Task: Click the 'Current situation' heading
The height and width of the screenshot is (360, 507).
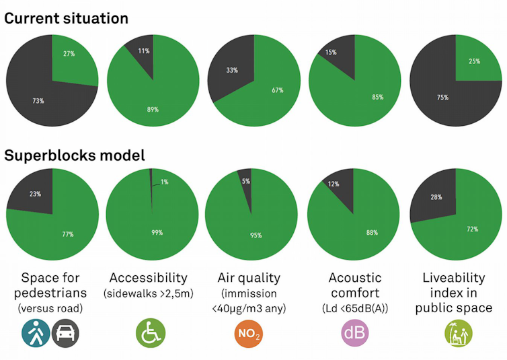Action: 66,18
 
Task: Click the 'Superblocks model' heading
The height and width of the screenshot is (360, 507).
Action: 74,155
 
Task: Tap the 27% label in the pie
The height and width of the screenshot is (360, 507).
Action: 69,54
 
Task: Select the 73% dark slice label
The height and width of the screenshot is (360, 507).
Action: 38,101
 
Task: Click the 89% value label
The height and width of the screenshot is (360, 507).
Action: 153,109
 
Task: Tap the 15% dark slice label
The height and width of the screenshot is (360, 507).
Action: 330,52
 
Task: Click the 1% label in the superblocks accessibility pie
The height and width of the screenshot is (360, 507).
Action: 163,182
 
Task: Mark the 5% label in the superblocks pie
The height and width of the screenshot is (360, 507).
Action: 246,181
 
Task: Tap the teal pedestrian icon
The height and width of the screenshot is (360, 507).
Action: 34,332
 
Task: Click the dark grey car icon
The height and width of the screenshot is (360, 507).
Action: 65,332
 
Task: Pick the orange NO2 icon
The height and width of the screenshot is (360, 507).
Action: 249,333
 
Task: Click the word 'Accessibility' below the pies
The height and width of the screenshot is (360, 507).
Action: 149,278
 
